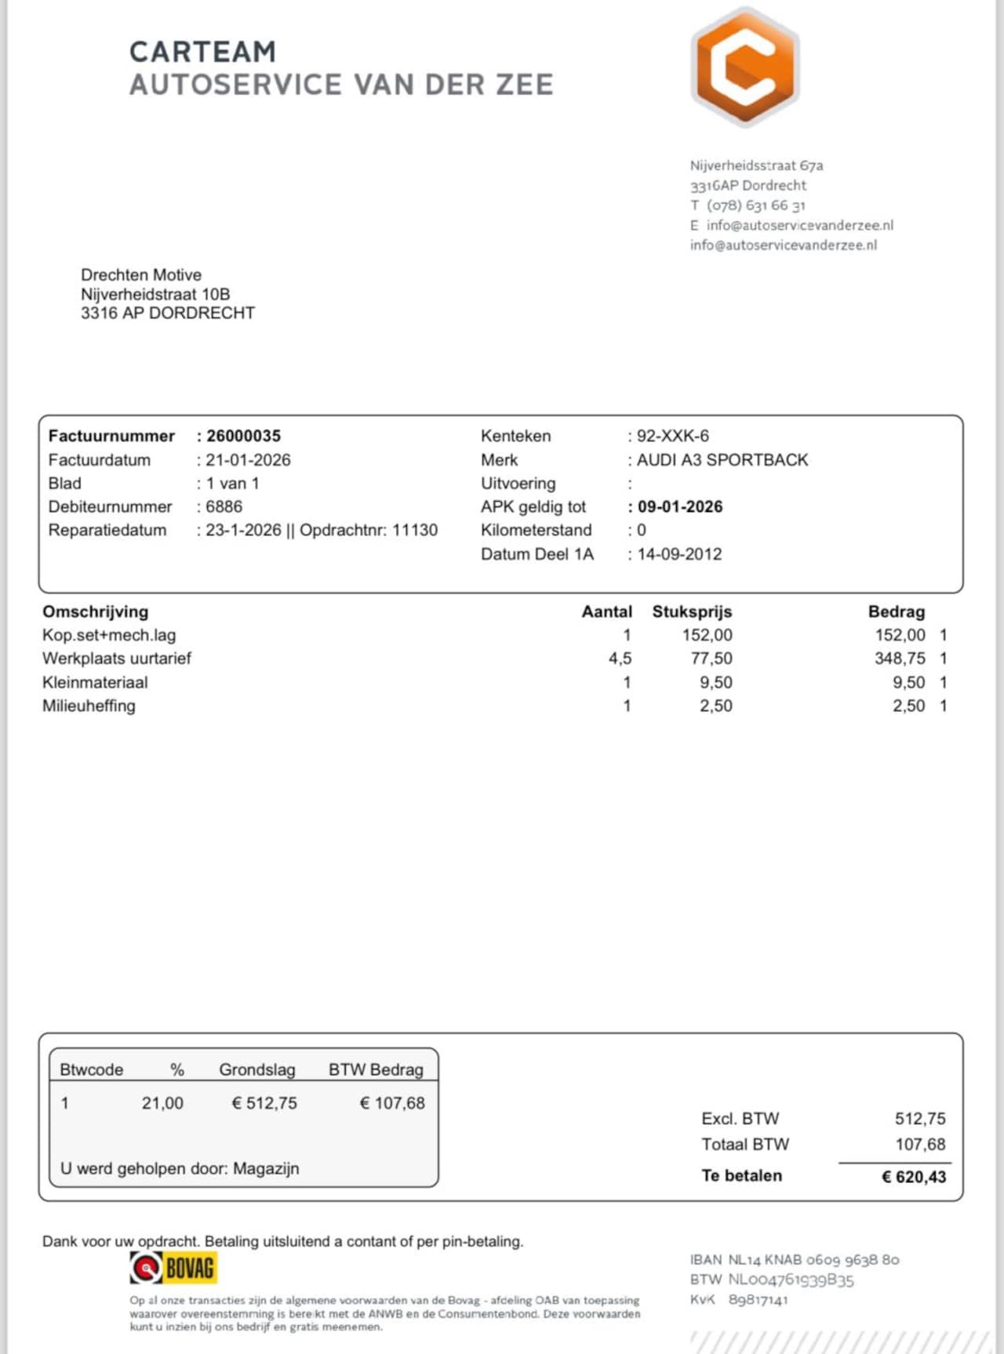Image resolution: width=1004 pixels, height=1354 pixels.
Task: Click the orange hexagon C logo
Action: [x=744, y=67]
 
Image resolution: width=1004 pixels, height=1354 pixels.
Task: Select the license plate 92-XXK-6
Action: [x=672, y=436]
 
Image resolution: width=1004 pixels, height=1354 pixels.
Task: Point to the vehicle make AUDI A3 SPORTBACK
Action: [x=722, y=460]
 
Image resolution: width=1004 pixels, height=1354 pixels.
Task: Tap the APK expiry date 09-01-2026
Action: [x=679, y=507]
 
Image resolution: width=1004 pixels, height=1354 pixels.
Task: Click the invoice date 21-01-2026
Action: [x=248, y=460]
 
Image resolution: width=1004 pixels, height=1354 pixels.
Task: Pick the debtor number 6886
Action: [x=224, y=507]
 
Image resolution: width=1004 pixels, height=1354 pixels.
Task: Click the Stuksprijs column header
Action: [x=692, y=612]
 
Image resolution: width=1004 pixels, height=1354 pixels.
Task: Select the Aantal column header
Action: [x=606, y=612]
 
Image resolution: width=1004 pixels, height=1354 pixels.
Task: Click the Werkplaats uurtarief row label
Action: [x=117, y=659]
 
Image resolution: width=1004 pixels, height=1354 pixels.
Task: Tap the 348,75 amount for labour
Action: [x=900, y=659]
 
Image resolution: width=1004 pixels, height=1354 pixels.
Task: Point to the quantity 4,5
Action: [x=620, y=659]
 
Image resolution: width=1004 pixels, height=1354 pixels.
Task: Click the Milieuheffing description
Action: [x=89, y=706]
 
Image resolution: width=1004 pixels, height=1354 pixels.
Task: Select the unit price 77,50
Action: [x=711, y=659]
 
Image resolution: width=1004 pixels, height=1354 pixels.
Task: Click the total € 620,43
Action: [x=914, y=1176]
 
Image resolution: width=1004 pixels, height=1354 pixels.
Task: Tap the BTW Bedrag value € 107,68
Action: [x=392, y=1103]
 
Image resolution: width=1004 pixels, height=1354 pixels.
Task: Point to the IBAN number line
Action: [x=794, y=1260]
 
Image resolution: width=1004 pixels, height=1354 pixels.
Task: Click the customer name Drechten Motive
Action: [x=141, y=275]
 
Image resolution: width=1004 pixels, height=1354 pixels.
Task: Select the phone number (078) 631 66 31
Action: [x=755, y=205]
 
